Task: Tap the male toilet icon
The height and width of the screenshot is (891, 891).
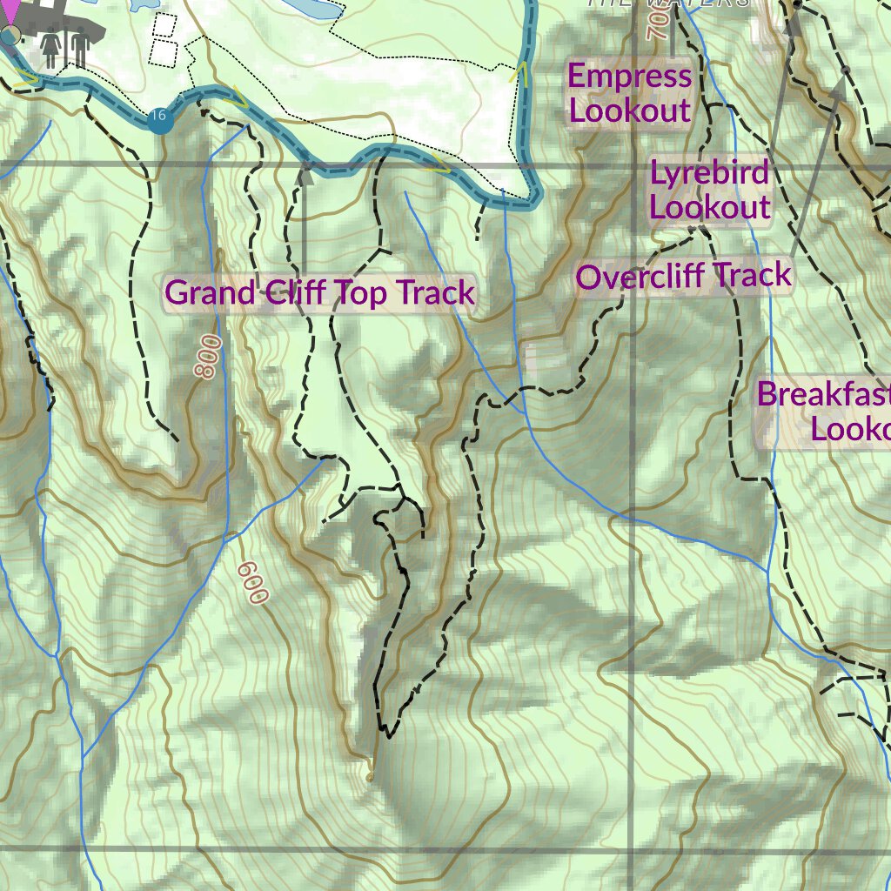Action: click(x=79, y=49)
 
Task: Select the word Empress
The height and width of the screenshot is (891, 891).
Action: click(x=630, y=77)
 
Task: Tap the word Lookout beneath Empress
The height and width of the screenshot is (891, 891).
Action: click(x=630, y=111)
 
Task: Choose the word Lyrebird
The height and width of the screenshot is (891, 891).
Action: click(x=709, y=173)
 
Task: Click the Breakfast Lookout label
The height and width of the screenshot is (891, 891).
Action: click(x=823, y=411)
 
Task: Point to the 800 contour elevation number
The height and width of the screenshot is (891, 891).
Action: click(x=207, y=357)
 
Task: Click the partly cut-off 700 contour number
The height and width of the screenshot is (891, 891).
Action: click(x=657, y=26)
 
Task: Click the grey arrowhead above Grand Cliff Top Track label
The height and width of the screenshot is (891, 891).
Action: click(x=304, y=176)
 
